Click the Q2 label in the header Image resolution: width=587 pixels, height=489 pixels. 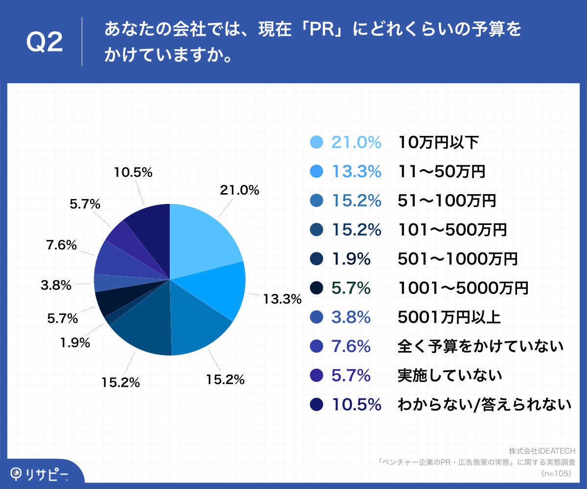[44, 43]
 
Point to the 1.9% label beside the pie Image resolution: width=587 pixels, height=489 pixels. [75, 343]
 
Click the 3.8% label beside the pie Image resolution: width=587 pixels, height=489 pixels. [57, 285]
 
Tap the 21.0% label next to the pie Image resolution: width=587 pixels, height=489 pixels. [239, 191]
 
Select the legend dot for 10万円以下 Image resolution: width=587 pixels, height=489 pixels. [317, 142]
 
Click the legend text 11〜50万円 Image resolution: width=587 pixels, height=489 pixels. [441, 172]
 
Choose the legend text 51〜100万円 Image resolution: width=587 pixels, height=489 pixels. [447, 200]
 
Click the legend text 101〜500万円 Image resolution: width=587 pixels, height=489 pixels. [452, 230]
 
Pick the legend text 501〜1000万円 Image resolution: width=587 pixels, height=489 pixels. [457, 259]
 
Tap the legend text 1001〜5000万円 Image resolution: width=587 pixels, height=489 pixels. [463, 288]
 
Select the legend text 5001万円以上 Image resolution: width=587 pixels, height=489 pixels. [449, 317]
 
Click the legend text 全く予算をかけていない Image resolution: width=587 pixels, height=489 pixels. [480, 346]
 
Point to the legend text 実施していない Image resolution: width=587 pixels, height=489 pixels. [450, 376]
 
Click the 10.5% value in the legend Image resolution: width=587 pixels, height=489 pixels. [356, 404]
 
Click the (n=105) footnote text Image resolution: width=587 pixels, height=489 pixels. [558, 473]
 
